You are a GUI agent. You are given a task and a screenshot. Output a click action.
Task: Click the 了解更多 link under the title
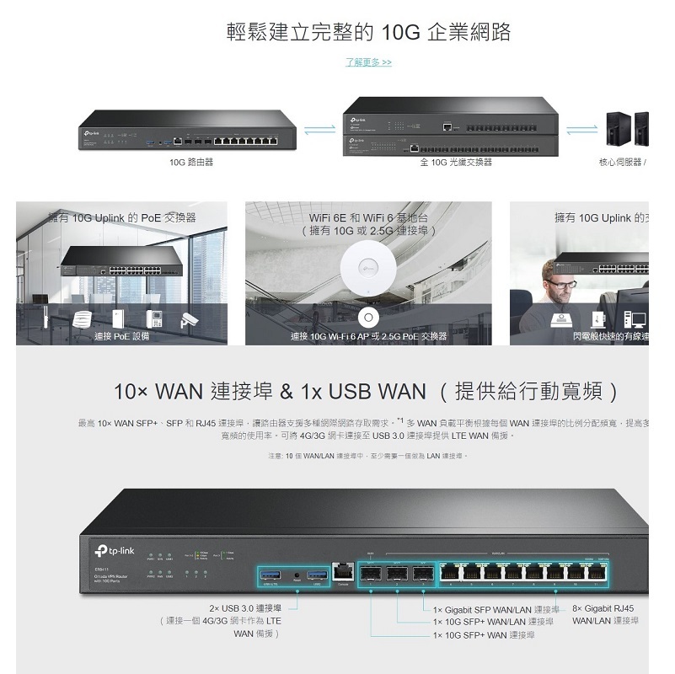point(369,62)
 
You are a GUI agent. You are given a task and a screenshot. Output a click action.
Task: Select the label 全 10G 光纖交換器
point(456,162)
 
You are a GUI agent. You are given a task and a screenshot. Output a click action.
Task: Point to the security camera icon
point(188,320)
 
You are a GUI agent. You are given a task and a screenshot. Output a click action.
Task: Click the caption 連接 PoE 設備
point(121,336)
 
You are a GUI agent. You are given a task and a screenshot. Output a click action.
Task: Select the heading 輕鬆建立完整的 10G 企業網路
point(369,33)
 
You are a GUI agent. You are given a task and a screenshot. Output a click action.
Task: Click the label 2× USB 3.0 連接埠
point(245,608)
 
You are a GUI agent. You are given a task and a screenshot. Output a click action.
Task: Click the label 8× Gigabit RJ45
point(603,608)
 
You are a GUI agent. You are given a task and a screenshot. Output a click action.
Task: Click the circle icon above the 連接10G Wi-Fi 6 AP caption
point(367,317)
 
